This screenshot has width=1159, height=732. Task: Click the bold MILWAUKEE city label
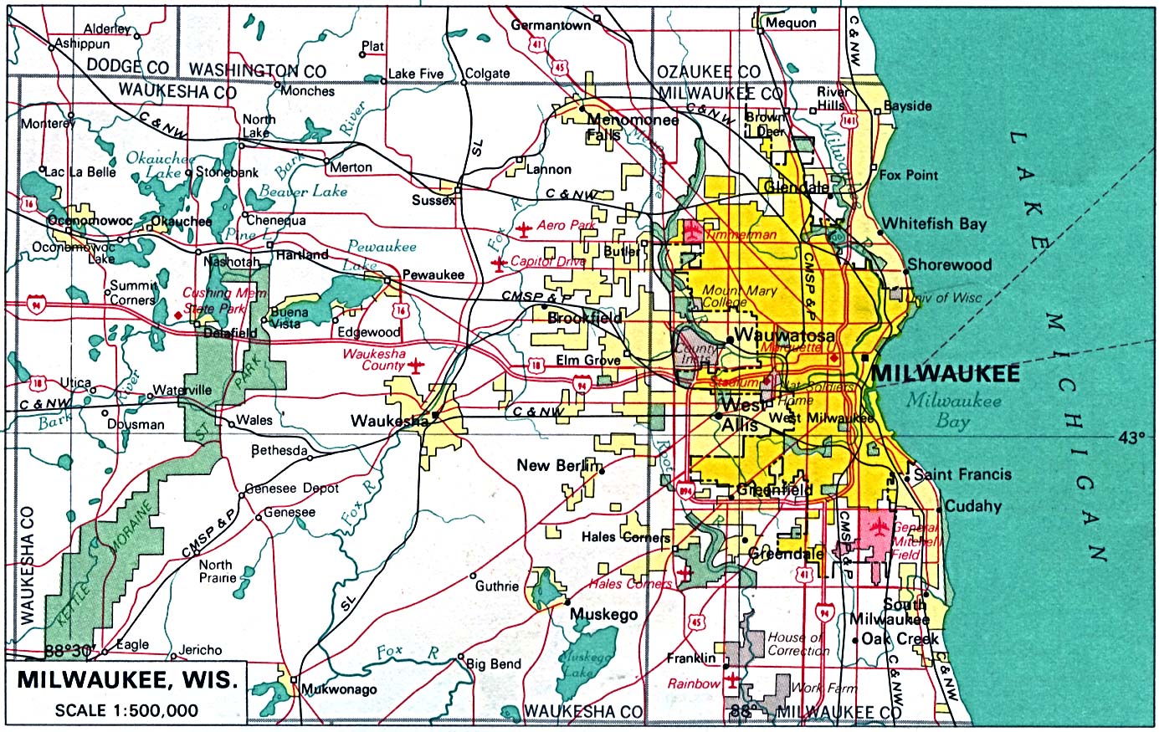point(945,373)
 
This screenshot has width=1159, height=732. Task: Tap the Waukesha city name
point(389,422)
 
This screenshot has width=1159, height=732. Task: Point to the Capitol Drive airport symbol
point(500,264)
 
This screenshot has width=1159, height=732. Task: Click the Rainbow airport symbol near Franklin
point(733,679)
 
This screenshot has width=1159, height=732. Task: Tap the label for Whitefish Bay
point(934,223)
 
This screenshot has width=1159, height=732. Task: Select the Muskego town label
point(603,615)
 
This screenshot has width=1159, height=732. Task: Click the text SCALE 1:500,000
point(126,711)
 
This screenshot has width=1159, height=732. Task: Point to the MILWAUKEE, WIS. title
point(127,679)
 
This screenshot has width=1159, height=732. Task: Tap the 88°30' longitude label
point(70,650)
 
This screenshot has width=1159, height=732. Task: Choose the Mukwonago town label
point(339,690)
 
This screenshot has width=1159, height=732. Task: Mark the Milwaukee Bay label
point(953,410)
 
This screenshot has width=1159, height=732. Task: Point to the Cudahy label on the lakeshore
point(972,506)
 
